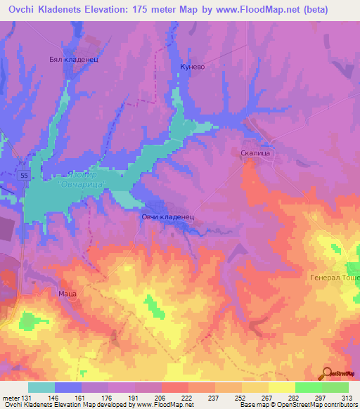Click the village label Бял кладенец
[73, 60]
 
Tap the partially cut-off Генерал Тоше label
[335, 277]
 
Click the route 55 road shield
[25, 174]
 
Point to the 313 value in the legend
[347, 398]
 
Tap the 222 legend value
[187, 398]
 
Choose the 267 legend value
[267, 398]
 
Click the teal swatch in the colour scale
[41, 387]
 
